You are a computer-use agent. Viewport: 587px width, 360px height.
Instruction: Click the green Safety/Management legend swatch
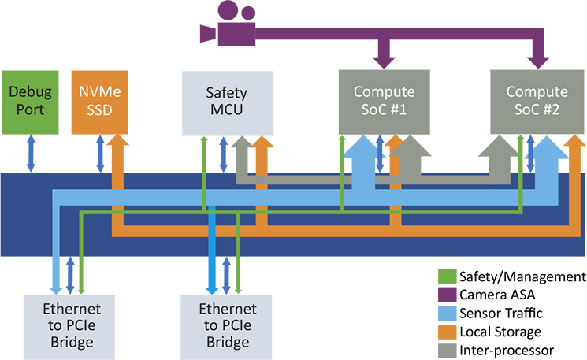(446, 276)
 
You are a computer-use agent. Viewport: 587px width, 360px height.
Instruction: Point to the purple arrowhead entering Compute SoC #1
(383, 60)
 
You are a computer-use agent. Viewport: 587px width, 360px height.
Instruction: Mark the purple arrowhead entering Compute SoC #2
(540, 60)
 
